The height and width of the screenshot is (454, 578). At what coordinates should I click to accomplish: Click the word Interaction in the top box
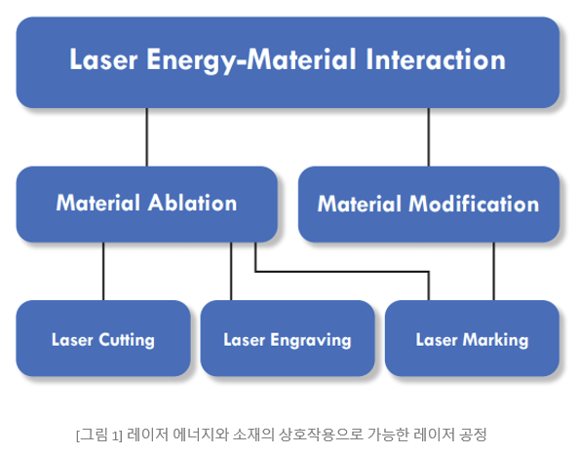tap(436, 59)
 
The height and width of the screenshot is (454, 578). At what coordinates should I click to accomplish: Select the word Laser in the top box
tap(103, 59)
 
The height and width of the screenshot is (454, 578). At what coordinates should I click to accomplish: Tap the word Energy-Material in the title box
tap(251, 60)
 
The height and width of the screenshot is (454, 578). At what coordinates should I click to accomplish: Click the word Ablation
tap(192, 203)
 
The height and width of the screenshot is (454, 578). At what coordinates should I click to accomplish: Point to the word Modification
tap(474, 204)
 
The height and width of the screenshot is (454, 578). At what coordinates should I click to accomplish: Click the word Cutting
tap(127, 340)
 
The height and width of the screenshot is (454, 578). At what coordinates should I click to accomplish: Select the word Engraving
tap(310, 340)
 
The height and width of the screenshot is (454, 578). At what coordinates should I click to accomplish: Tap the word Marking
tap(495, 340)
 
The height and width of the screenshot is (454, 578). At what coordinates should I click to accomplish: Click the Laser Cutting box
tap(103, 338)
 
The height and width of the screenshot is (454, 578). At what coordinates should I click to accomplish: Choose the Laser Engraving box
tap(288, 338)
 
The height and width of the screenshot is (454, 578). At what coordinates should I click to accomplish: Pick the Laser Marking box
tap(472, 338)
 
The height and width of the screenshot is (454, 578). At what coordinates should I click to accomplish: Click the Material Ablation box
tap(147, 205)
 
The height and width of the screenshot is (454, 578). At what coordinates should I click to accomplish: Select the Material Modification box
tap(429, 205)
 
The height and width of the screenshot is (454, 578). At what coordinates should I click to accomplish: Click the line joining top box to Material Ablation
tap(147, 137)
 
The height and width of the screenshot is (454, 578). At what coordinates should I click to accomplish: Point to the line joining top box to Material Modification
tap(428, 137)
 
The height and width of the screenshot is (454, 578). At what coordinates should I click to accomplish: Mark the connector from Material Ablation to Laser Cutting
tap(103, 271)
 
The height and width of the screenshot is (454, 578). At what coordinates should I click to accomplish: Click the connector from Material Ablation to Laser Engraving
tap(231, 271)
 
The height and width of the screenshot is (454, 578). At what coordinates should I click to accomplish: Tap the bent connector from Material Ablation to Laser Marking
tap(342, 272)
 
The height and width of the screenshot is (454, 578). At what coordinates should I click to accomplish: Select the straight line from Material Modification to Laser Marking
tap(493, 271)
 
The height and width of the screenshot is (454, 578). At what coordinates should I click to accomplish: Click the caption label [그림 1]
tap(98, 435)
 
